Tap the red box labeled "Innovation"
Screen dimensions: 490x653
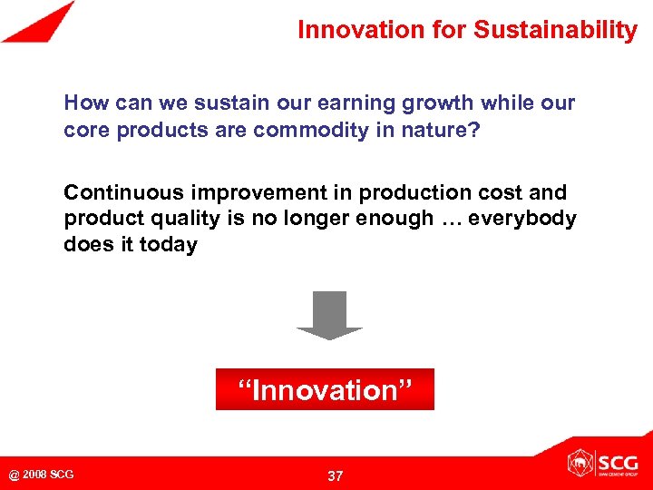click(x=325, y=390)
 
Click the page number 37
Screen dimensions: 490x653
click(x=335, y=475)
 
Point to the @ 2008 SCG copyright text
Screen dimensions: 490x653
click(x=42, y=475)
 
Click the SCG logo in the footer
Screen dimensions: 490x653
click(x=602, y=463)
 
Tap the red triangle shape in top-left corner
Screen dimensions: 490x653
click(x=36, y=24)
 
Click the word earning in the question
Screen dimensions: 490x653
click(x=351, y=103)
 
